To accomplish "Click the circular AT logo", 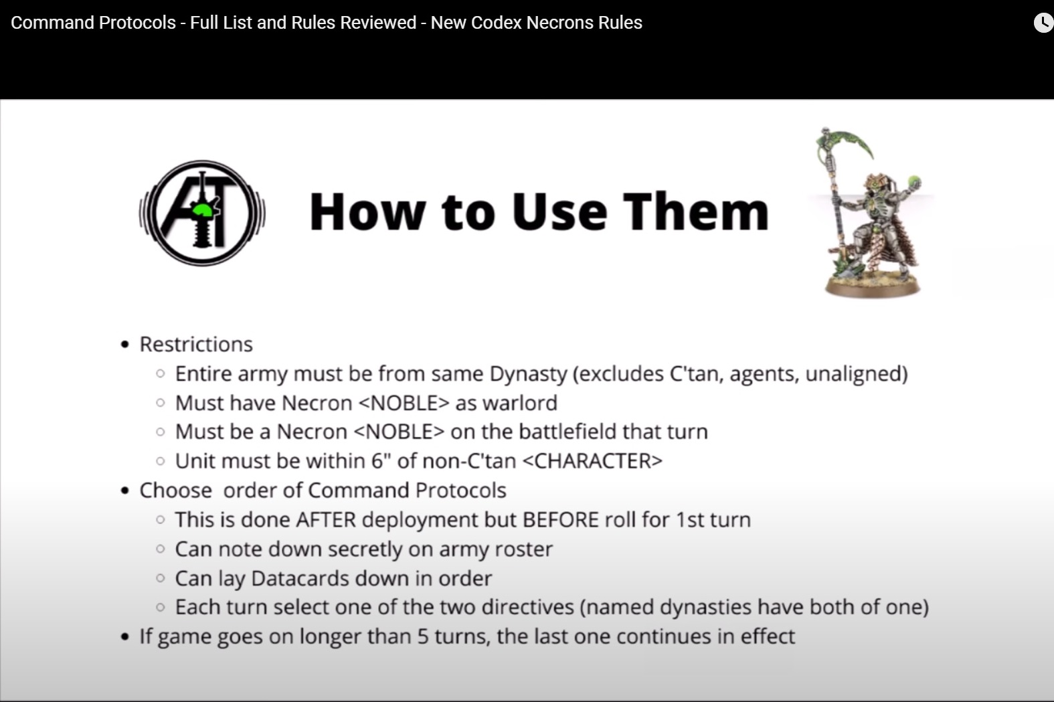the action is pyautogui.click(x=202, y=213).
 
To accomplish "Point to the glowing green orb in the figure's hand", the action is pyautogui.click(x=913, y=181).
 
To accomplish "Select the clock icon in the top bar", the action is pyautogui.click(x=1043, y=23).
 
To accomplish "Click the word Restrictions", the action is pyautogui.click(x=196, y=344).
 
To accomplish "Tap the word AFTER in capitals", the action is pyautogui.click(x=326, y=519).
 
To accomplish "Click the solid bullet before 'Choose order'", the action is pyautogui.click(x=124, y=491).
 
